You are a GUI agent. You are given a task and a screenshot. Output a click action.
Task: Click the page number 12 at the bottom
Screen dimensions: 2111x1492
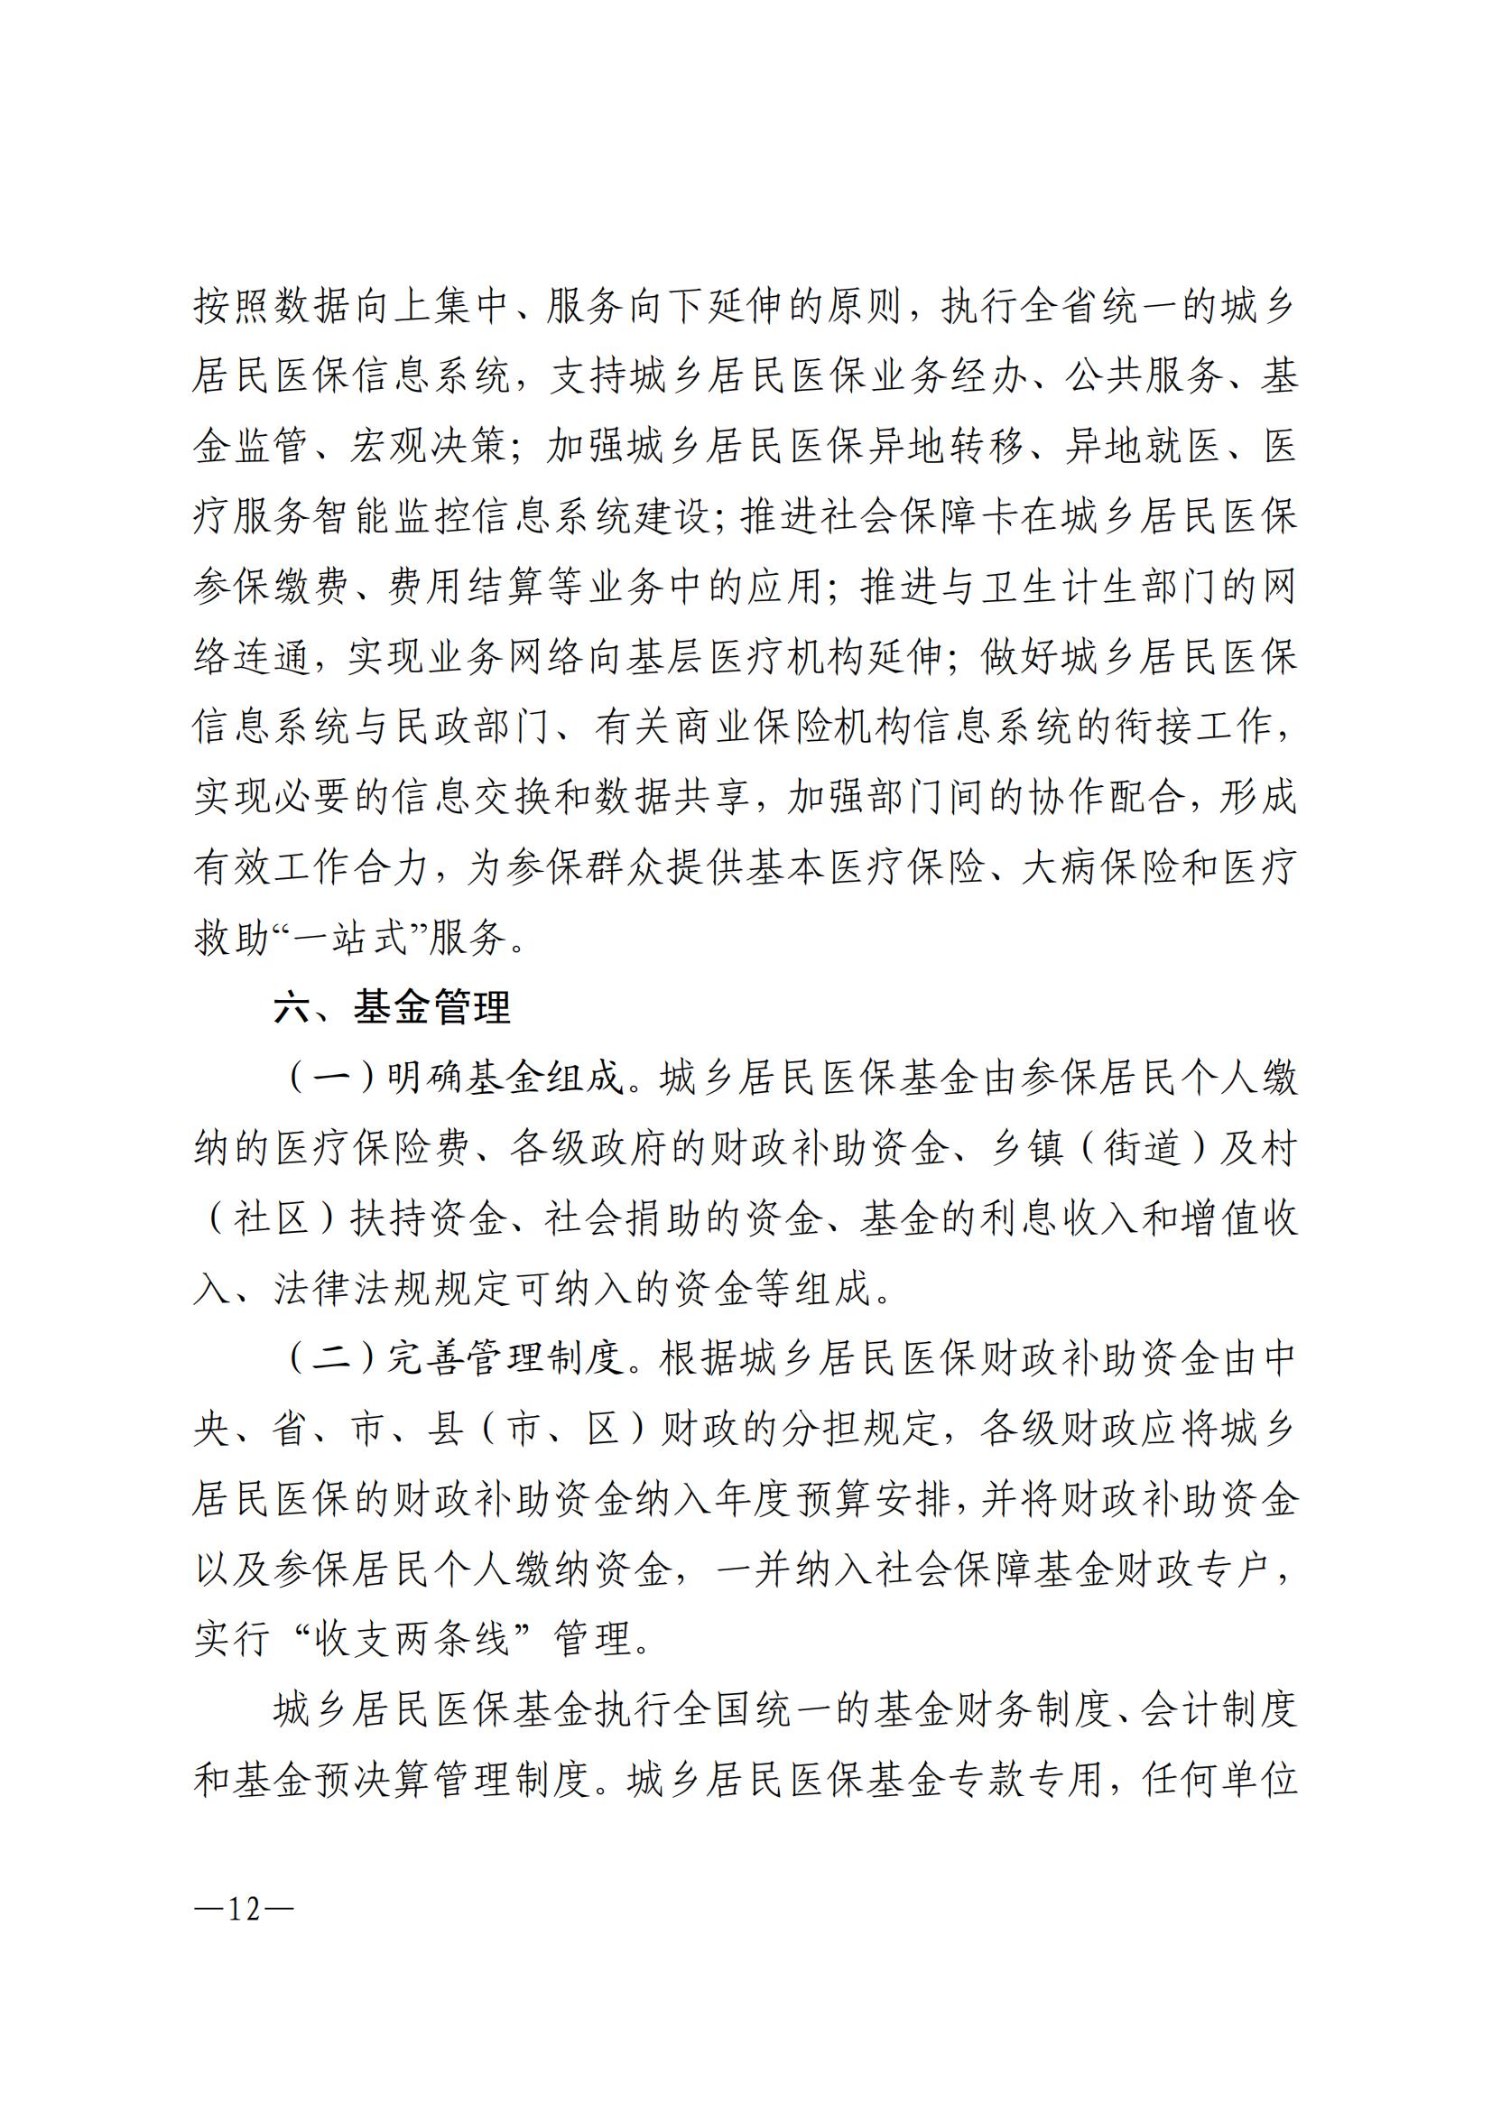click(x=245, y=1910)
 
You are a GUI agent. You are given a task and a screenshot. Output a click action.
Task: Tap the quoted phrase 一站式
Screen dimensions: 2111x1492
click(x=348, y=939)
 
